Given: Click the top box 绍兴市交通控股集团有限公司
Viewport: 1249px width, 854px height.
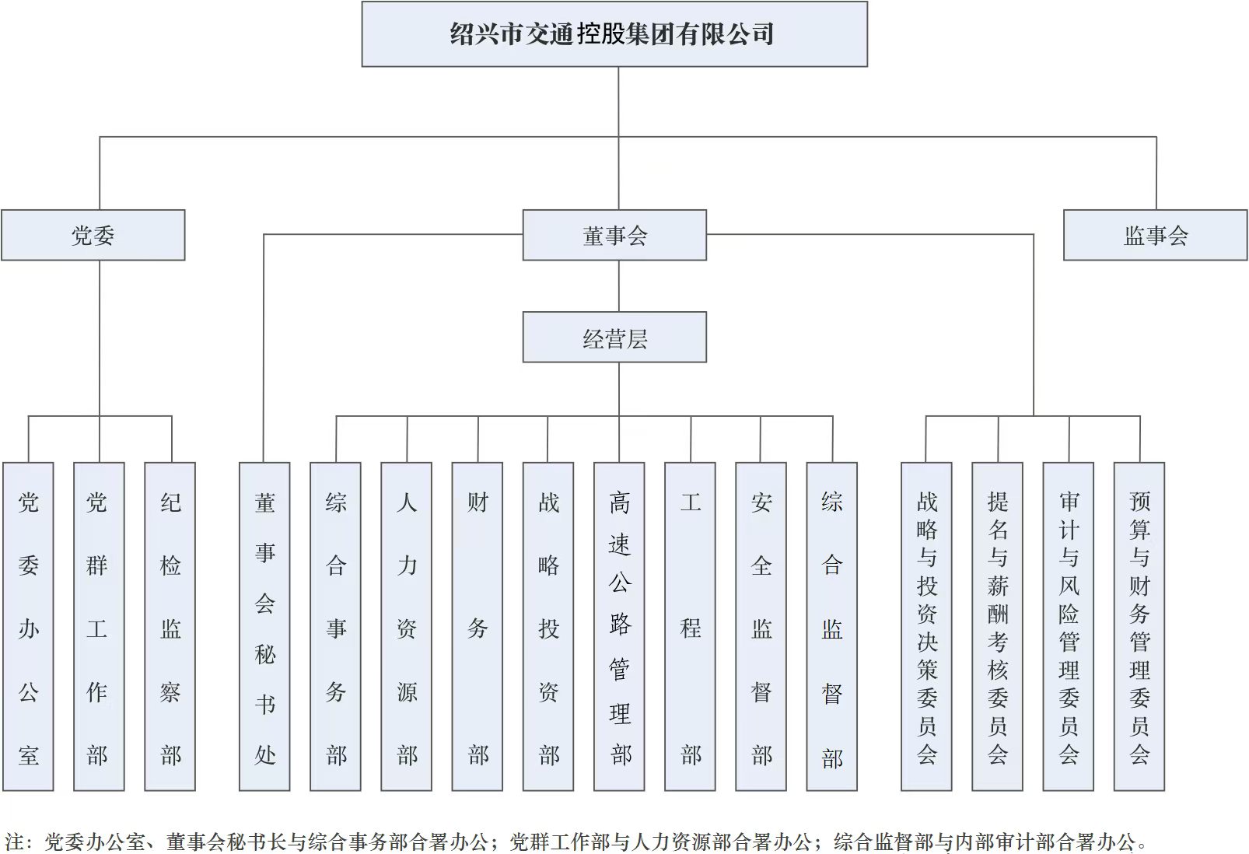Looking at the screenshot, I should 614,34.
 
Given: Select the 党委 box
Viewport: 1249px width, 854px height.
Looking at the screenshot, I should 93,235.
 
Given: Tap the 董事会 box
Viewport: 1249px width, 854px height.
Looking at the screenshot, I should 614,235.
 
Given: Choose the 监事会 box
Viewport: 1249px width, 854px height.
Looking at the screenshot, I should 1155,235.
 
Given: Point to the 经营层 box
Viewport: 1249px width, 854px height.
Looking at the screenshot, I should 614,338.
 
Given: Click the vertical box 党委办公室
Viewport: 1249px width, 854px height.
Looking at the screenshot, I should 28,627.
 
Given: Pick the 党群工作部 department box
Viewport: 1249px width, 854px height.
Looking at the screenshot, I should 99,627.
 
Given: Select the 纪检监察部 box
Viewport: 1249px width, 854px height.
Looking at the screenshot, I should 170,627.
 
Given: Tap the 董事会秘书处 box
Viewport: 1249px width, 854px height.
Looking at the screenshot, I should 264,627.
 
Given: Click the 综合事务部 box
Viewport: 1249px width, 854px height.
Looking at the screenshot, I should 336,627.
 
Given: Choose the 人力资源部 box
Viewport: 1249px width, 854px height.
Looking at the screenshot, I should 407,627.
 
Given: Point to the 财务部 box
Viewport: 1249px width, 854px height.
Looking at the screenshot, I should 478,627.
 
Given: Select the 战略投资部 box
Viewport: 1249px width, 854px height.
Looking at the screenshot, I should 548,627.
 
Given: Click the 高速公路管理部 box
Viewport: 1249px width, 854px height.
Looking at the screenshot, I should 619,627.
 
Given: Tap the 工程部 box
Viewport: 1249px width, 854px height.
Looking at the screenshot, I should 690,627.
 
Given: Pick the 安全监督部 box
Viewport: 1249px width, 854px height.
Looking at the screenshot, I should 761,627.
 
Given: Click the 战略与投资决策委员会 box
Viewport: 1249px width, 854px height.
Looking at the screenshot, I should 926,627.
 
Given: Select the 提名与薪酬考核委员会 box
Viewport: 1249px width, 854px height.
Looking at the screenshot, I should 998,627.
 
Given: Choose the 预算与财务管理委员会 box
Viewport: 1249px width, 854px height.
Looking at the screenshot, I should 1139,627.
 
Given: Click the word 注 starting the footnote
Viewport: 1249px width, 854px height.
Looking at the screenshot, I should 15,842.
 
